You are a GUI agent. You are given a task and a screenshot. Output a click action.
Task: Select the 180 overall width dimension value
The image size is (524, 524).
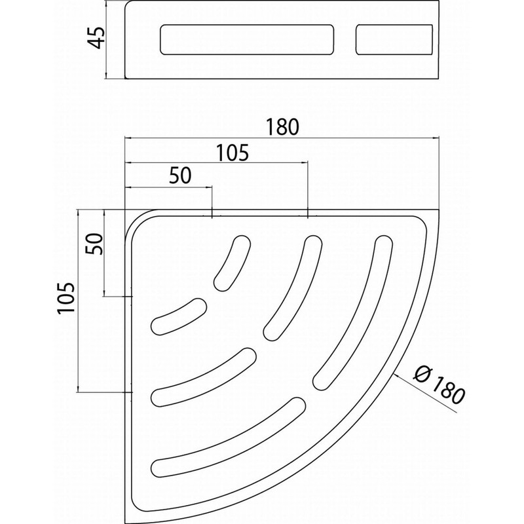[283, 126]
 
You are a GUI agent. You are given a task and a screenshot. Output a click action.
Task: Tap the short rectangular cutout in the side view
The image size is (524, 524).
[394, 40]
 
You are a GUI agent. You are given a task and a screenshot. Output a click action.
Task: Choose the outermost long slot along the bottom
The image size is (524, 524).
[229, 439]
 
